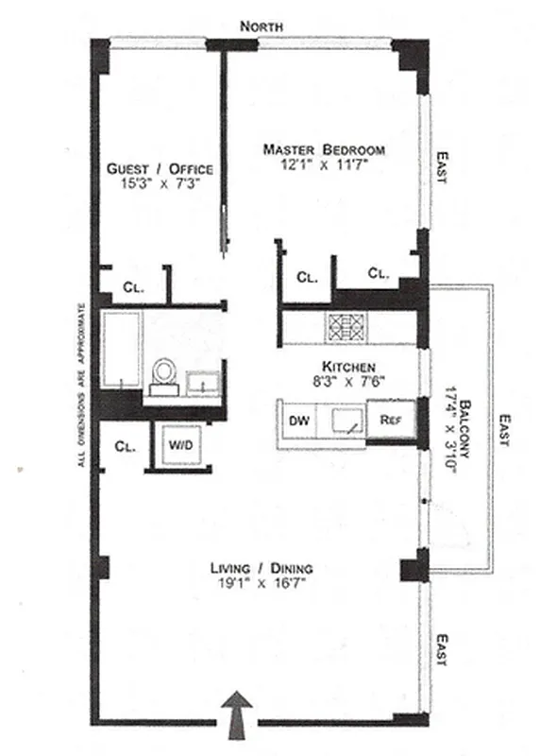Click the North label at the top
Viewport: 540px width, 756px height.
click(x=262, y=26)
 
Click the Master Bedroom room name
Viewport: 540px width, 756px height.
click(x=324, y=149)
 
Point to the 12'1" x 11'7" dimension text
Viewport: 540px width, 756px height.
click(x=324, y=166)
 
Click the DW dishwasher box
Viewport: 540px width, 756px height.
click(x=299, y=420)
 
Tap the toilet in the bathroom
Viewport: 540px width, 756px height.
click(x=164, y=372)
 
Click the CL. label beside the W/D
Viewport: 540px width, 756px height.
click(x=125, y=446)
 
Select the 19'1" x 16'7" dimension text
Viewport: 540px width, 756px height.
click(x=262, y=585)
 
